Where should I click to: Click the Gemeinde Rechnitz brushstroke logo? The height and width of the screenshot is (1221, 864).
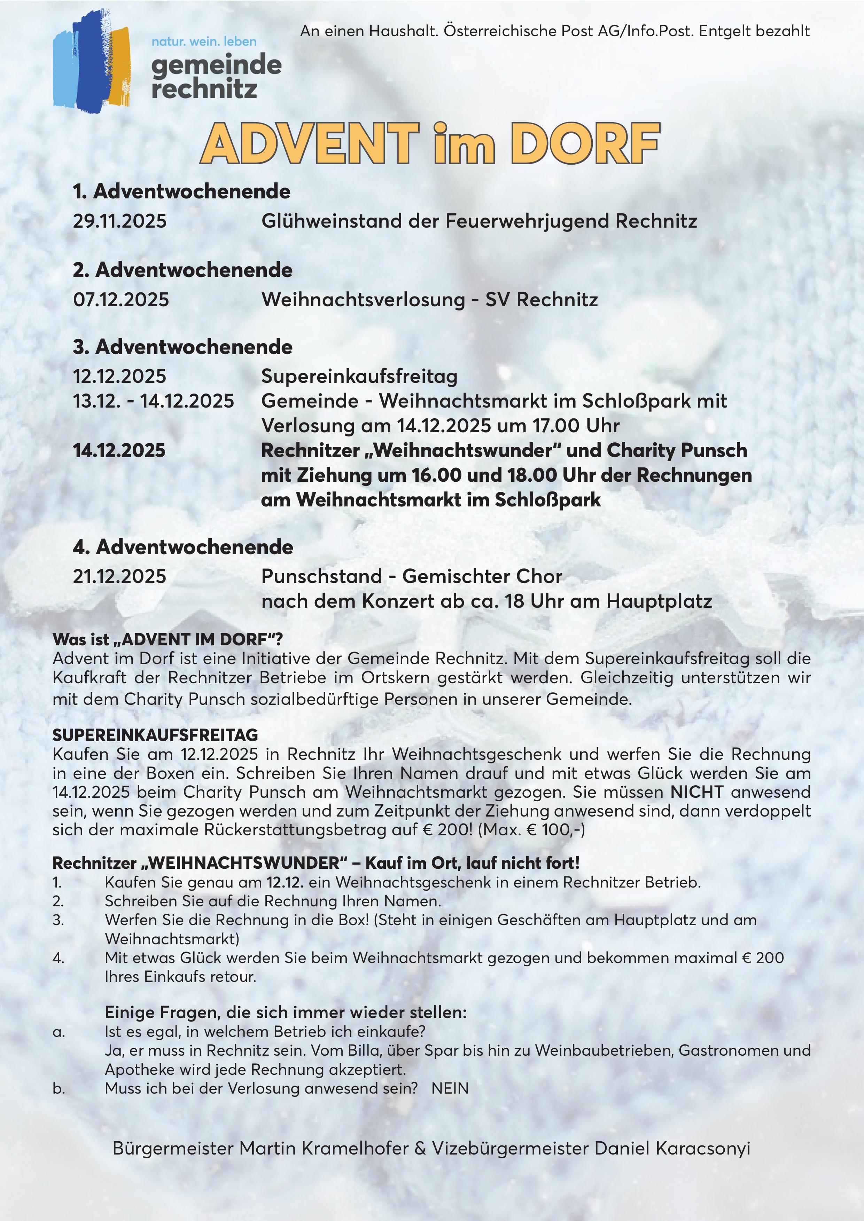click(x=92, y=61)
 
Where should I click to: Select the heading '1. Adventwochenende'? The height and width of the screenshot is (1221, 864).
click(x=181, y=191)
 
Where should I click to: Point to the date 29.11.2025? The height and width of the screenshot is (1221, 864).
click(x=120, y=221)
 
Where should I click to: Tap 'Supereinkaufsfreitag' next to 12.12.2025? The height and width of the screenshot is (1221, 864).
click(x=359, y=376)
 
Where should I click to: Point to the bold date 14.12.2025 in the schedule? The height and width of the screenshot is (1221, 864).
click(x=119, y=450)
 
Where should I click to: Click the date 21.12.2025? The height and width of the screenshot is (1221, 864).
click(x=120, y=576)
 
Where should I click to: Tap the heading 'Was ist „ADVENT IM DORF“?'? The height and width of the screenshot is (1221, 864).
click(x=168, y=639)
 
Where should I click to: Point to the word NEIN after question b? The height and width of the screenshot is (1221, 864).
click(x=450, y=1089)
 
